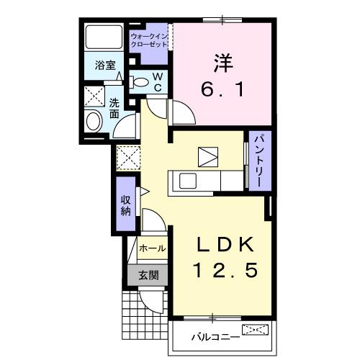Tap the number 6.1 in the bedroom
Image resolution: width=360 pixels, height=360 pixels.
point(222,91)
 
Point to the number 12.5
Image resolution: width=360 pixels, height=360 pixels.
point(222,273)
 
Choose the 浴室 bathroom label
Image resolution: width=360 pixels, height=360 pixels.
point(105,65)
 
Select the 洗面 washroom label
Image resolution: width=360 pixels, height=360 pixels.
point(114,107)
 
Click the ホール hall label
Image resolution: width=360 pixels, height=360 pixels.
point(152,248)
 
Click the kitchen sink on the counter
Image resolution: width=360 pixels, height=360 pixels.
point(188,180)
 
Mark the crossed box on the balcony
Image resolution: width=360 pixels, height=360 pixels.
point(257,330)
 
